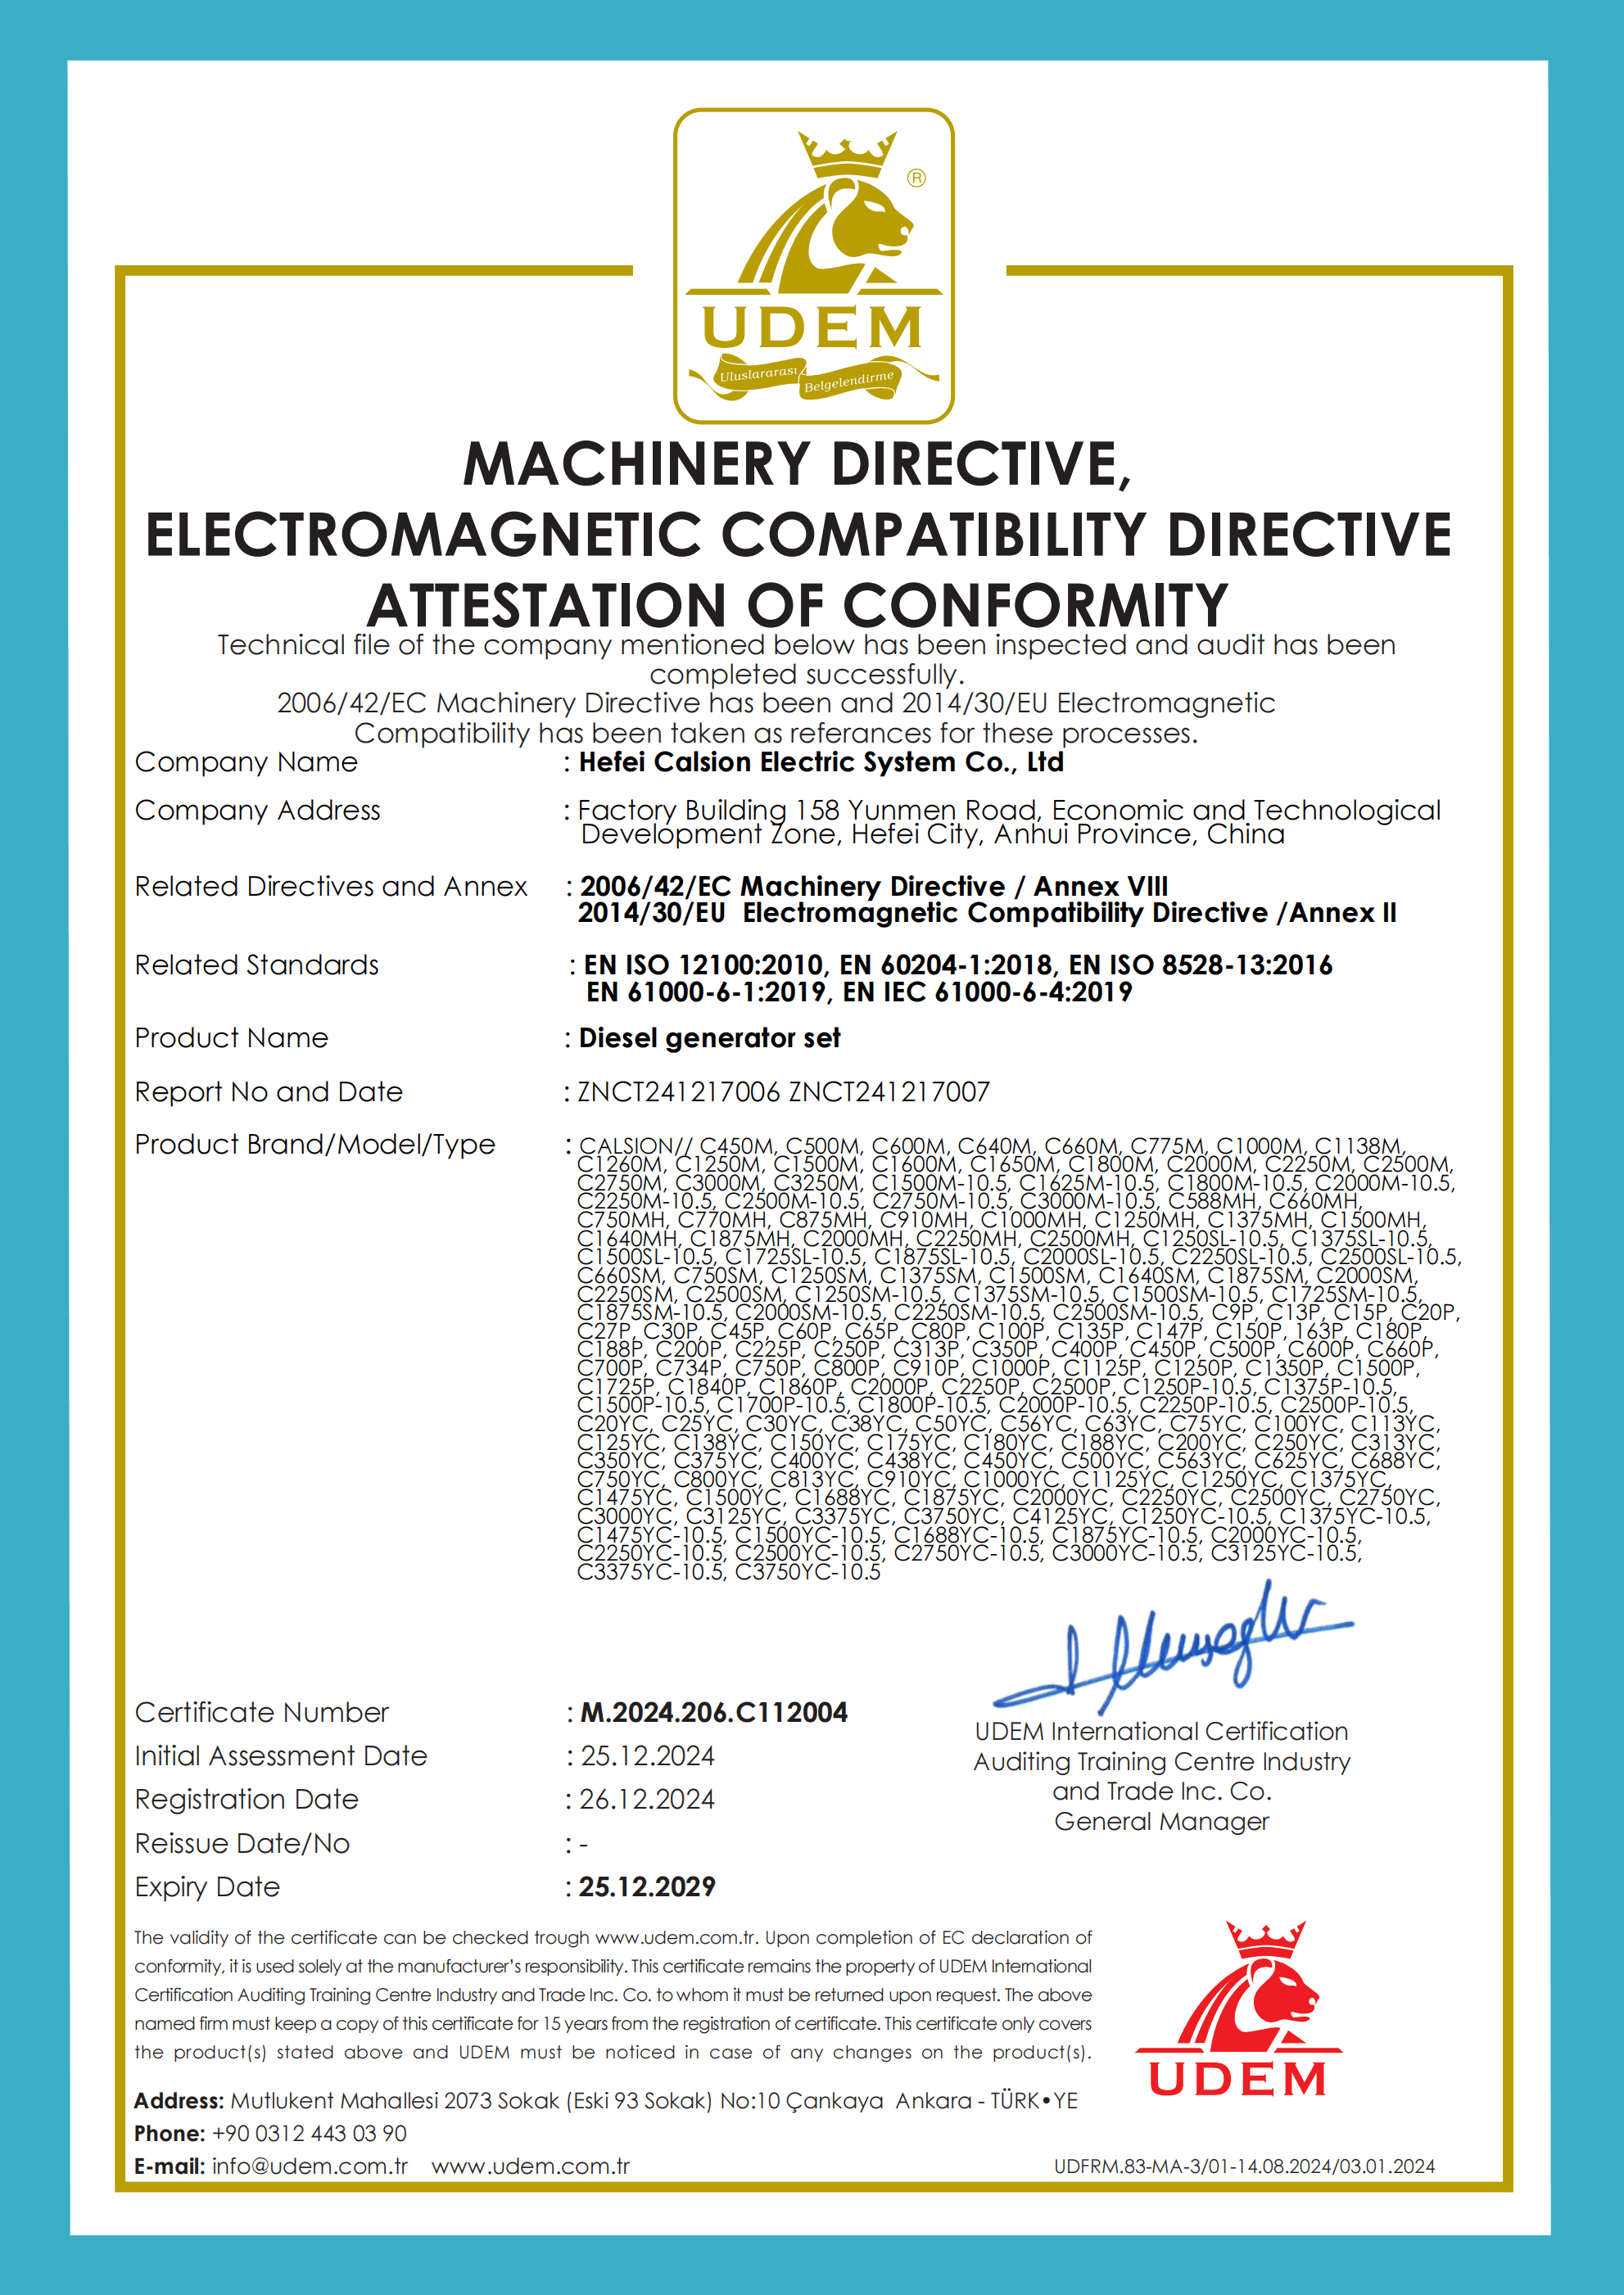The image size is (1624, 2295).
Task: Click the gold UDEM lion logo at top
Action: [x=813, y=265]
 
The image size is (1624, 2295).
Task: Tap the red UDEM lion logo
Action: [x=1239, y=2009]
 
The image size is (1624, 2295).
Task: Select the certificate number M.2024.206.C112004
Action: [x=713, y=1712]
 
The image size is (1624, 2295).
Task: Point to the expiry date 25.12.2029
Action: [x=647, y=1887]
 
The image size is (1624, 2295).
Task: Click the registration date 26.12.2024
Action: [x=647, y=1799]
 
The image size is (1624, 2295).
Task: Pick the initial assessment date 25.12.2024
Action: [x=647, y=1756]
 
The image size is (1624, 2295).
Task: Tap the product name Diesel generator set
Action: [x=709, y=1038]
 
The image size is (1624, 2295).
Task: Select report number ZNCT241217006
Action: [x=678, y=1091]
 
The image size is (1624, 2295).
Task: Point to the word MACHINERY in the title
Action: [x=636, y=465]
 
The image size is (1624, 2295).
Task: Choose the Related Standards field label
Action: [x=257, y=965]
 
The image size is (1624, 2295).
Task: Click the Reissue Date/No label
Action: [x=242, y=1843]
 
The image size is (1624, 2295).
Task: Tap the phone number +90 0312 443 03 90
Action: [x=309, y=2133]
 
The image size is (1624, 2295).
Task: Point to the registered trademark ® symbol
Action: [x=916, y=178]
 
